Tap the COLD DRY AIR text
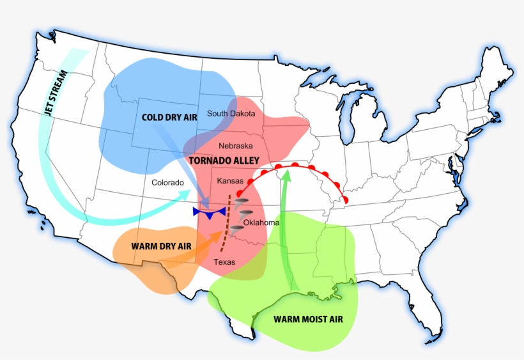(x=169, y=117)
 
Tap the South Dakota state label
(x=231, y=114)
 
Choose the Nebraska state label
(x=235, y=146)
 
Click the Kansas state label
(x=230, y=182)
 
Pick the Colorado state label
(x=167, y=183)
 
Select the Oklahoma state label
(x=261, y=223)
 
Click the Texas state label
(x=224, y=262)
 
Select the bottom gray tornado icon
(x=236, y=227)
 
